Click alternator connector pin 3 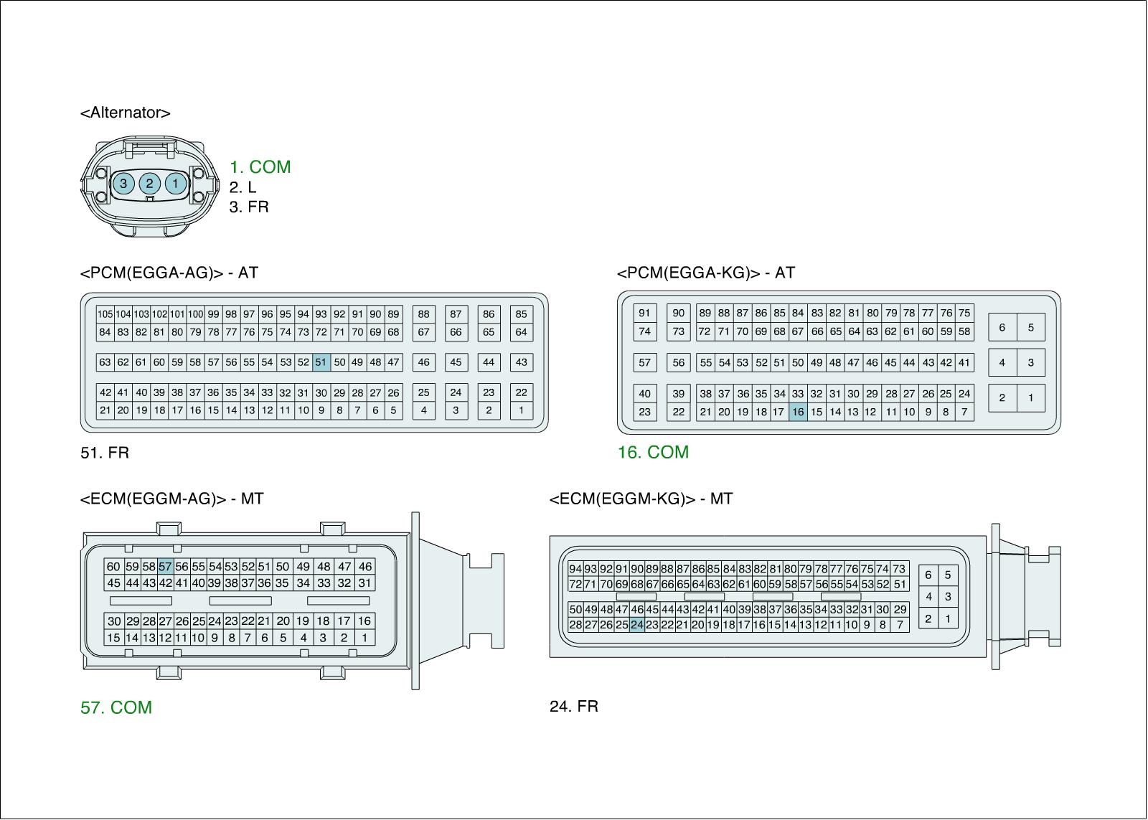123,184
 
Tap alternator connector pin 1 175,184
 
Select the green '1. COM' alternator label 260,166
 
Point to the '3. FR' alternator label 249,207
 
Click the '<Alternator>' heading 125,113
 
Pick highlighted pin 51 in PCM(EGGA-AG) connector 321,362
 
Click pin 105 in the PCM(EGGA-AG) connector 105,314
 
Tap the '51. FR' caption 105,453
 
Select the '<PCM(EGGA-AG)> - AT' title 169,273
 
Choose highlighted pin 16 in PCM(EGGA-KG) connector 798,412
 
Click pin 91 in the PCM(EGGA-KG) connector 644,313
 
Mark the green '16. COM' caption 653,452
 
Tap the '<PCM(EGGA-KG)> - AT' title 705,273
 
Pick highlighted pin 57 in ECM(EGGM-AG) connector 165,566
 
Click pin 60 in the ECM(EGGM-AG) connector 113,566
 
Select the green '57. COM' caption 116,707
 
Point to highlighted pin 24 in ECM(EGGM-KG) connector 637,624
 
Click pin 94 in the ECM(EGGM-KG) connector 575,569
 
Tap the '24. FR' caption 573,706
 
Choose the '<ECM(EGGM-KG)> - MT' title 641,499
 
